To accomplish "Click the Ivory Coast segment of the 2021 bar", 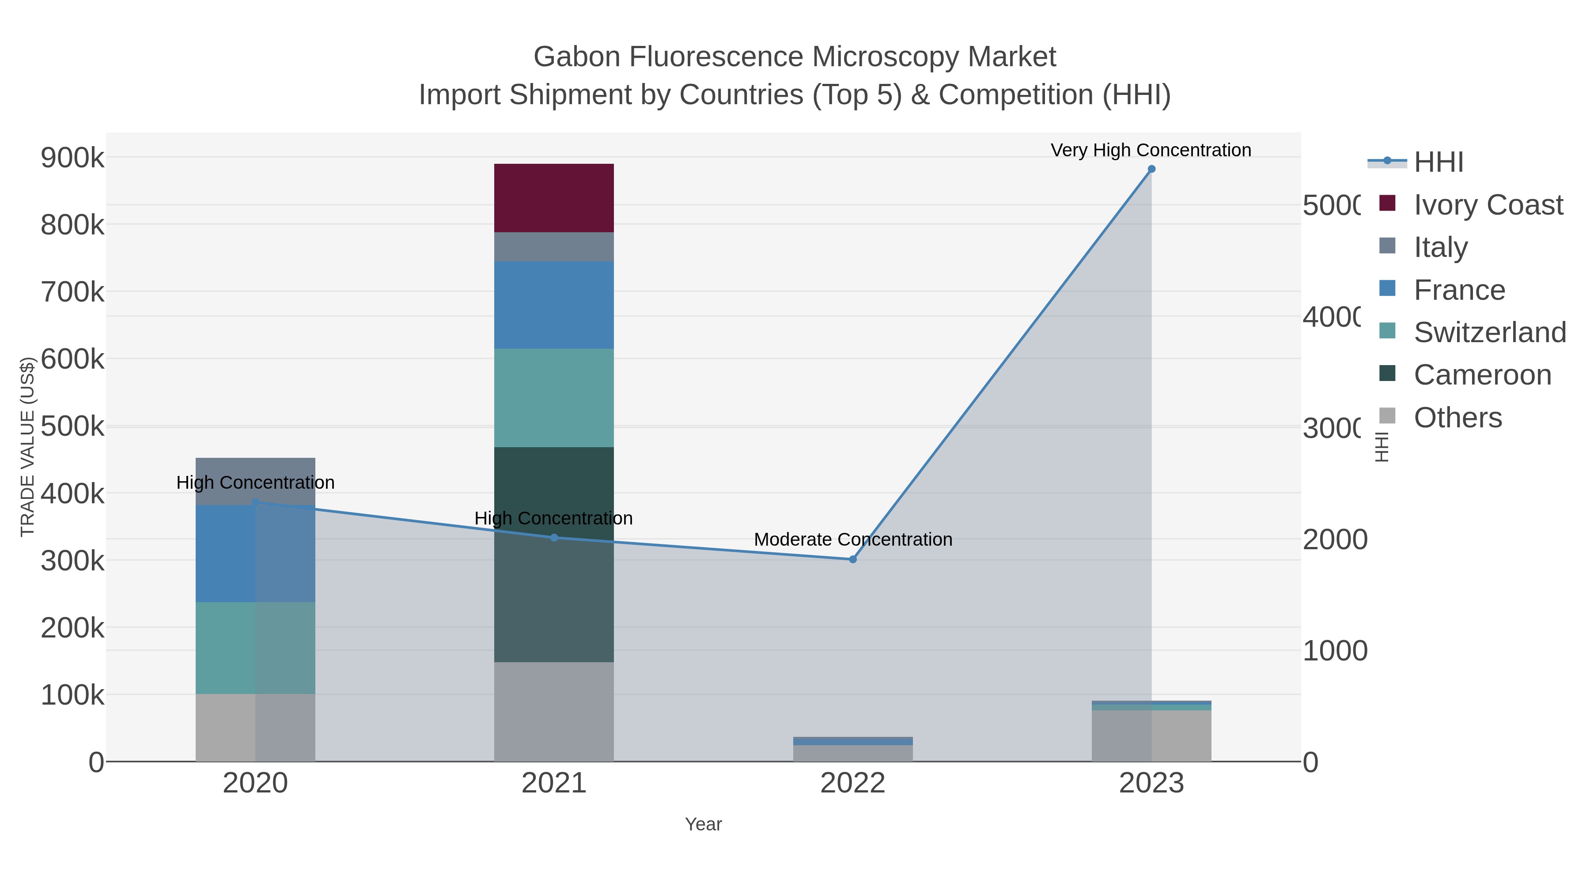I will click(554, 198).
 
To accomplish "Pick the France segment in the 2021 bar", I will click(554, 305).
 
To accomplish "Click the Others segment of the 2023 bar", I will click(1151, 736).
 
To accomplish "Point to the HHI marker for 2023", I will click(1151, 169).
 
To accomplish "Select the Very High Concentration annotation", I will click(1151, 150).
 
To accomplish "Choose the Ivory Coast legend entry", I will click(1488, 205).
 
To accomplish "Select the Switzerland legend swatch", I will click(1387, 331).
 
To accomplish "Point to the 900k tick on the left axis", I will click(72, 158).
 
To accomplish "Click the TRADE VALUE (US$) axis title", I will click(27, 447).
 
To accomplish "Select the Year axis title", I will click(703, 824).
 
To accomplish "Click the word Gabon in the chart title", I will click(576, 57).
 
